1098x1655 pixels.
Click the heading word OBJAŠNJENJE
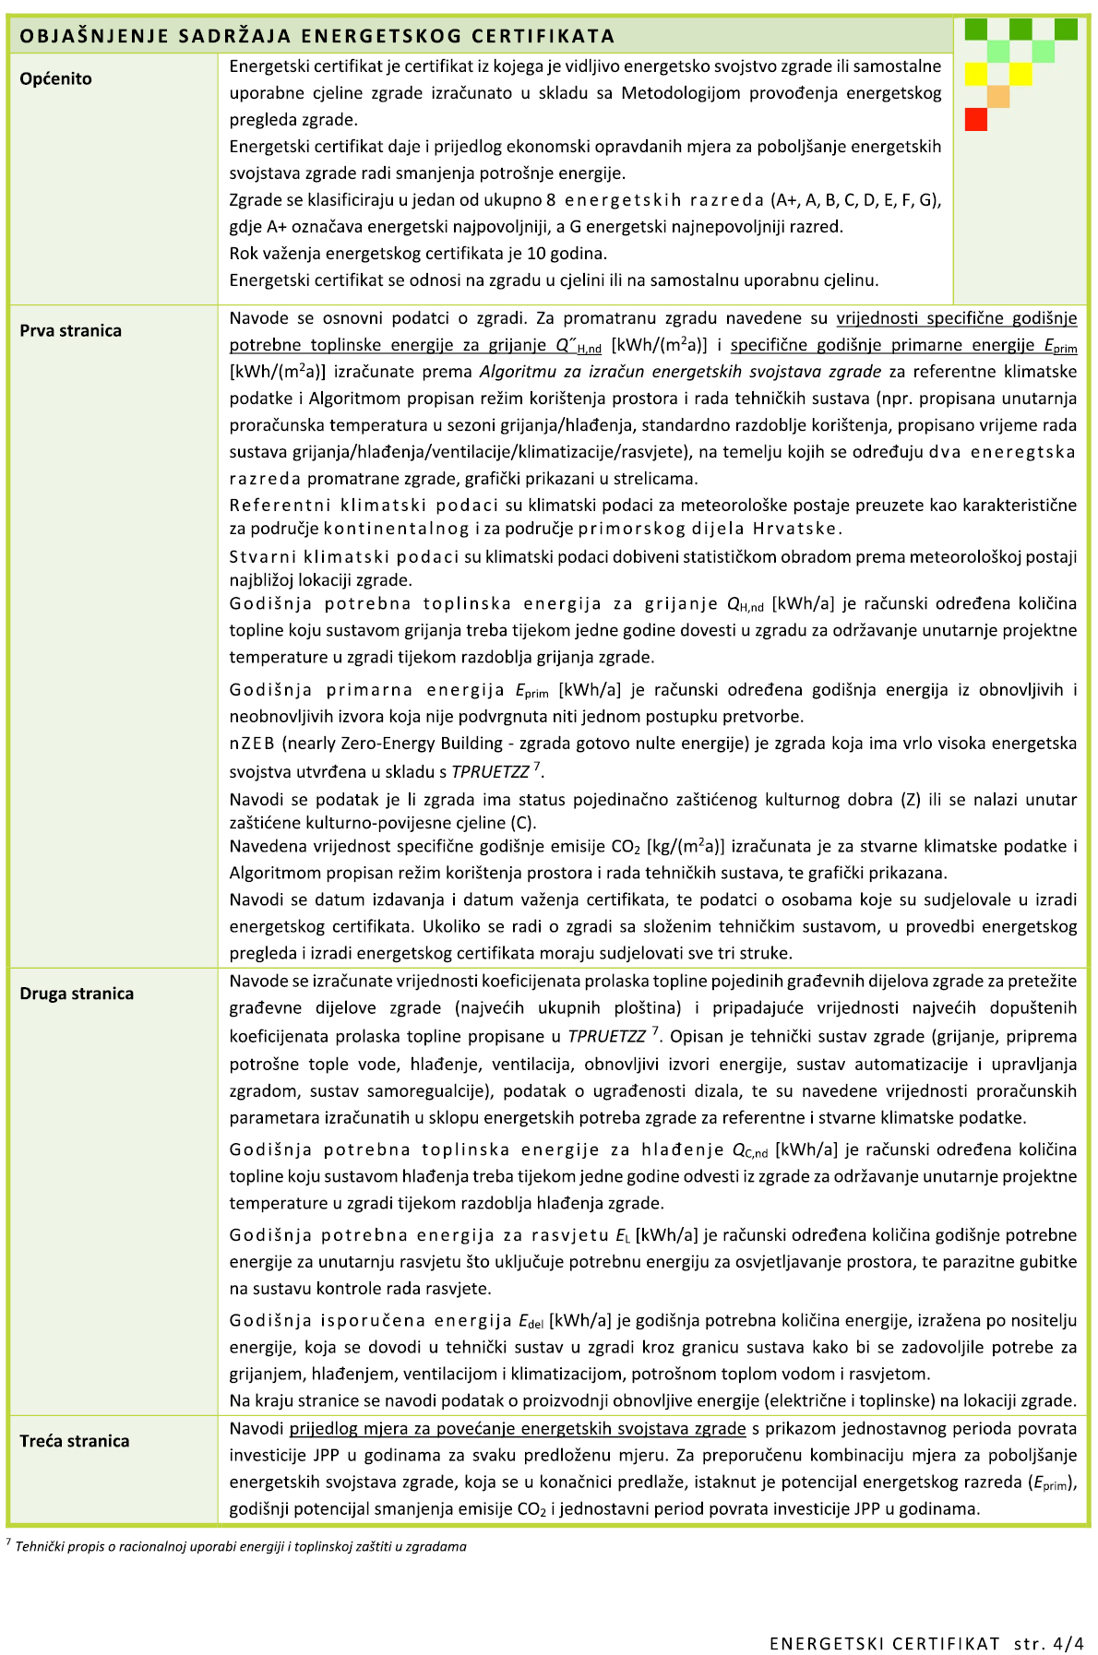(82, 36)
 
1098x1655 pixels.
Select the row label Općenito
(55, 79)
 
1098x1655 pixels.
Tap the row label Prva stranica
(70, 331)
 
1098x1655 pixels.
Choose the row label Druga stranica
(77, 994)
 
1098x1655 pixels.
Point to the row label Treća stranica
(75, 1441)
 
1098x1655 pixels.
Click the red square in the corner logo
(975, 119)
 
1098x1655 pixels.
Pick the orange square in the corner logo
(998, 96)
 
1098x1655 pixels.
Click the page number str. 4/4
(1048, 1643)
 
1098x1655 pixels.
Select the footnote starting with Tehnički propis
(240, 1546)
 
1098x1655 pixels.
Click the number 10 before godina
(537, 254)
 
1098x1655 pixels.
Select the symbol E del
(530, 1322)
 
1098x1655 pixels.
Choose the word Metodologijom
(681, 93)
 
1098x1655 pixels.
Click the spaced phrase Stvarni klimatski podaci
(343, 557)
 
